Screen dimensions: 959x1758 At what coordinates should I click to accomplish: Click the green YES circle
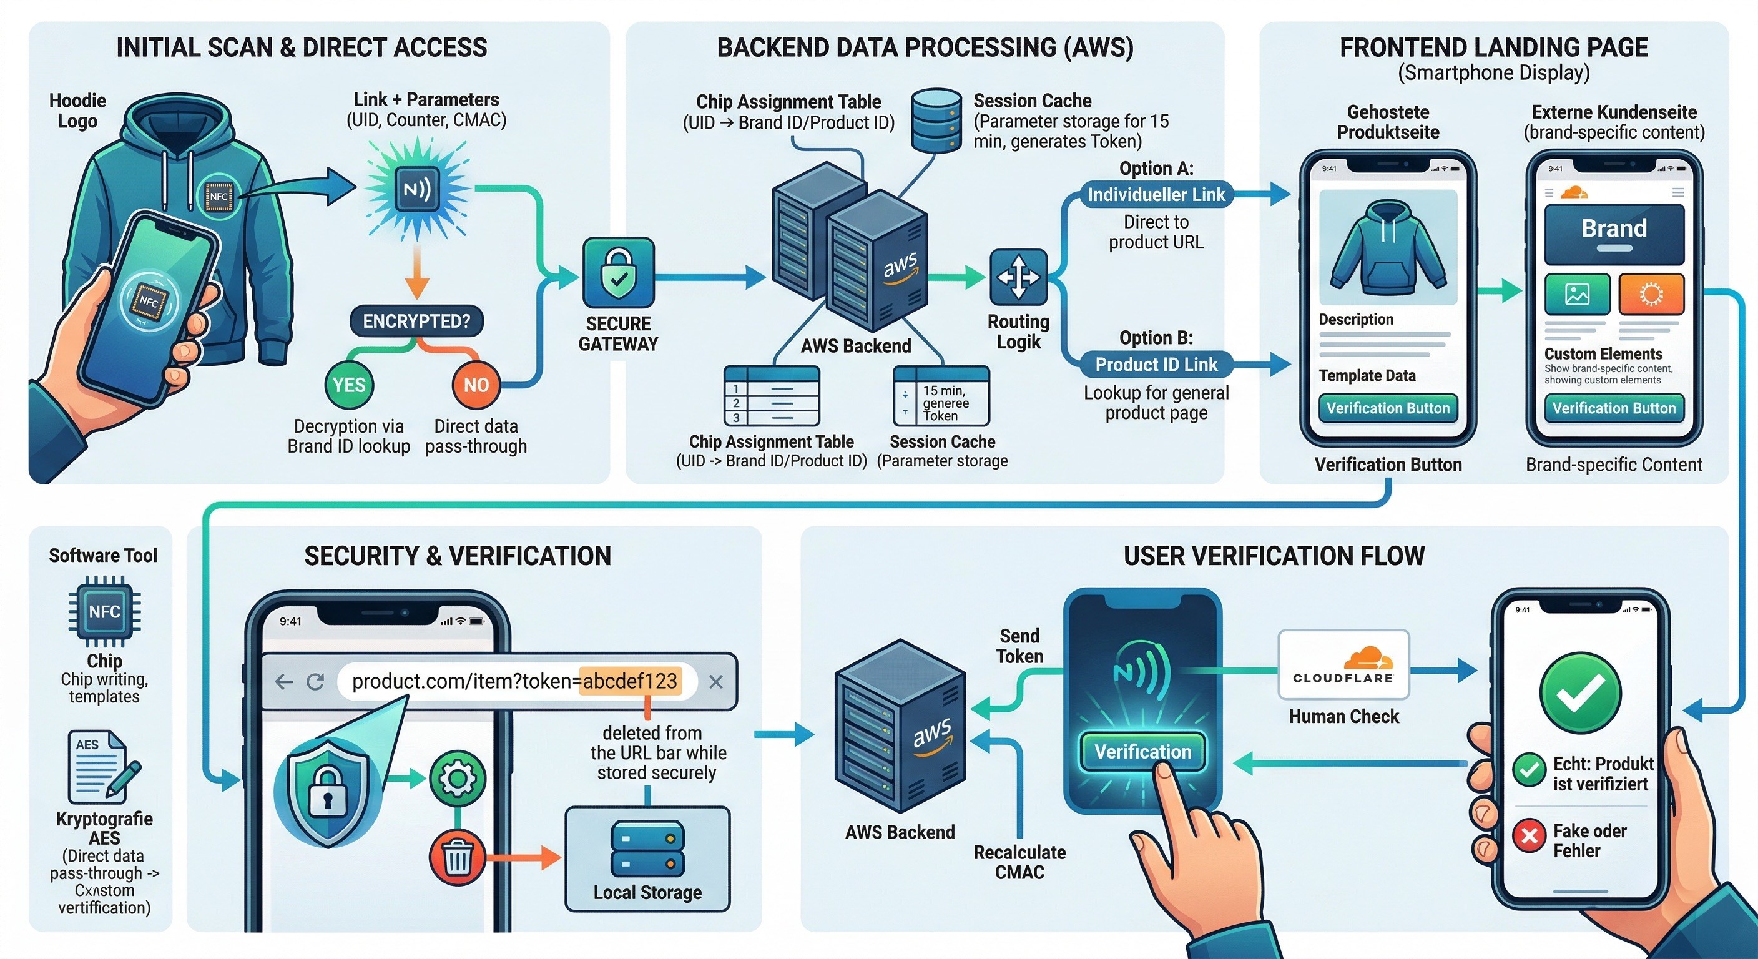pyautogui.click(x=349, y=385)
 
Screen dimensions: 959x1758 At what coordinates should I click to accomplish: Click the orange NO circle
pyautogui.click(x=476, y=385)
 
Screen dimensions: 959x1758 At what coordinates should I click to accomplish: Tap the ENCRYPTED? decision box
pyautogui.click(x=416, y=322)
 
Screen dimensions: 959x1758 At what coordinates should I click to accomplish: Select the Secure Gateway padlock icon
pyautogui.click(x=618, y=272)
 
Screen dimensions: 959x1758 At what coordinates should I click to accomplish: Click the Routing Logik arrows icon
pyautogui.click(x=1018, y=277)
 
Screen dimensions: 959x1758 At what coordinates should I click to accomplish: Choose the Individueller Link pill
pyautogui.click(x=1156, y=195)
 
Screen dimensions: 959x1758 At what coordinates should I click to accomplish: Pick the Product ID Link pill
pyautogui.click(x=1156, y=365)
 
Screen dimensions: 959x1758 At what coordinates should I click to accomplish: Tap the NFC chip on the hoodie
pyautogui.click(x=219, y=197)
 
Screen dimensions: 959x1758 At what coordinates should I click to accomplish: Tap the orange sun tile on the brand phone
pyautogui.click(x=1651, y=294)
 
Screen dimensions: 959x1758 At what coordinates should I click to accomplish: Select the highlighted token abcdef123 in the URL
pyautogui.click(x=629, y=681)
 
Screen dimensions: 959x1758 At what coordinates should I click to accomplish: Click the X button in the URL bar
pyautogui.click(x=715, y=682)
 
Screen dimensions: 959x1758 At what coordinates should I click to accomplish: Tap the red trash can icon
pyautogui.click(x=457, y=857)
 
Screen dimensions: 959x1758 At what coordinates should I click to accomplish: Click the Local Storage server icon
pyautogui.click(x=647, y=848)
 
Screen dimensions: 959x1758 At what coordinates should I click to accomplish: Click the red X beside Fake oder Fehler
pyautogui.click(x=1530, y=835)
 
